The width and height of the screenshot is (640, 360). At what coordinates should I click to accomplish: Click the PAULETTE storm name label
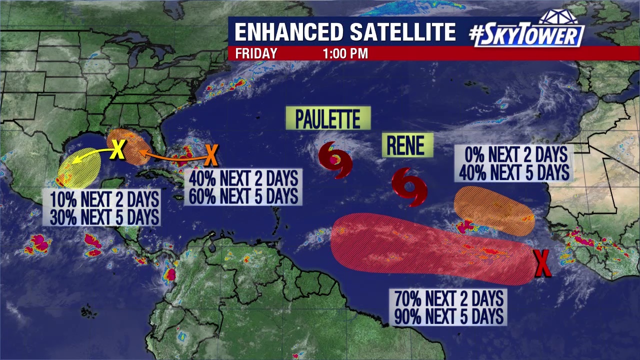(x=328, y=118)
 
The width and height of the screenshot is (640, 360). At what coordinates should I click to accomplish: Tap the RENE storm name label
(x=407, y=145)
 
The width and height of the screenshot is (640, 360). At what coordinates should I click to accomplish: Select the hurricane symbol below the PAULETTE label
(x=335, y=159)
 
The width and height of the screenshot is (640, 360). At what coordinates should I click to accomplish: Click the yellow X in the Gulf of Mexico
(x=117, y=149)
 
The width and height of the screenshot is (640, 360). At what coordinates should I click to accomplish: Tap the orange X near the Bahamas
(x=211, y=155)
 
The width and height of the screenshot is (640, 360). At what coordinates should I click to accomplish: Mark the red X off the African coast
(x=542, y=263)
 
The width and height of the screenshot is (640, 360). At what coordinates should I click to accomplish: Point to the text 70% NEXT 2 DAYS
(x=448, y=298)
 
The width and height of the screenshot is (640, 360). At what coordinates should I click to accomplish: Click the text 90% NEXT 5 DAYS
(x=448, y=315)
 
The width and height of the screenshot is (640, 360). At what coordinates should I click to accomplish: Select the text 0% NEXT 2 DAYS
(x=513, y=154)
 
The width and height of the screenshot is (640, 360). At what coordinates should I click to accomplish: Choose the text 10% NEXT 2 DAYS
(x=104, y=199)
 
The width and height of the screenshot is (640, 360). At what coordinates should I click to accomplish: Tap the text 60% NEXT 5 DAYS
(x=243, y=195)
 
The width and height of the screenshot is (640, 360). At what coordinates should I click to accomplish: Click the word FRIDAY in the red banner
(x=256, y=53)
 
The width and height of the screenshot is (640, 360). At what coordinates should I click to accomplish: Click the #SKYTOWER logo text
(x=527, y=35)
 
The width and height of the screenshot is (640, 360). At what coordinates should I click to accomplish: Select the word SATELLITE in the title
(x=402, y=32)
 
